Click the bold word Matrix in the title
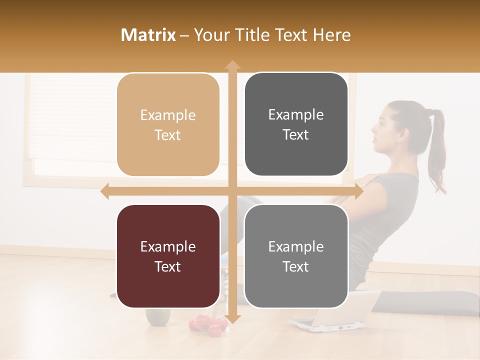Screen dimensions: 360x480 [148, 35]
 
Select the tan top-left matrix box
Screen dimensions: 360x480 [168, 124]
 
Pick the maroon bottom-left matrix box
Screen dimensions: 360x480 [168, 256]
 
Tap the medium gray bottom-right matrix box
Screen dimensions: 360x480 [296, 256]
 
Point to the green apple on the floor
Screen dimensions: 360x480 [157, 316]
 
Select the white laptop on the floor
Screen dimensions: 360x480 [332, 312]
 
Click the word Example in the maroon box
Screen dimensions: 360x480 [168, 246]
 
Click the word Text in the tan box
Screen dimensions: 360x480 [168, 135]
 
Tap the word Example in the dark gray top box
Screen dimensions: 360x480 [296, 114]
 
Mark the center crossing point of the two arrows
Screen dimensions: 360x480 [232, 191]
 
